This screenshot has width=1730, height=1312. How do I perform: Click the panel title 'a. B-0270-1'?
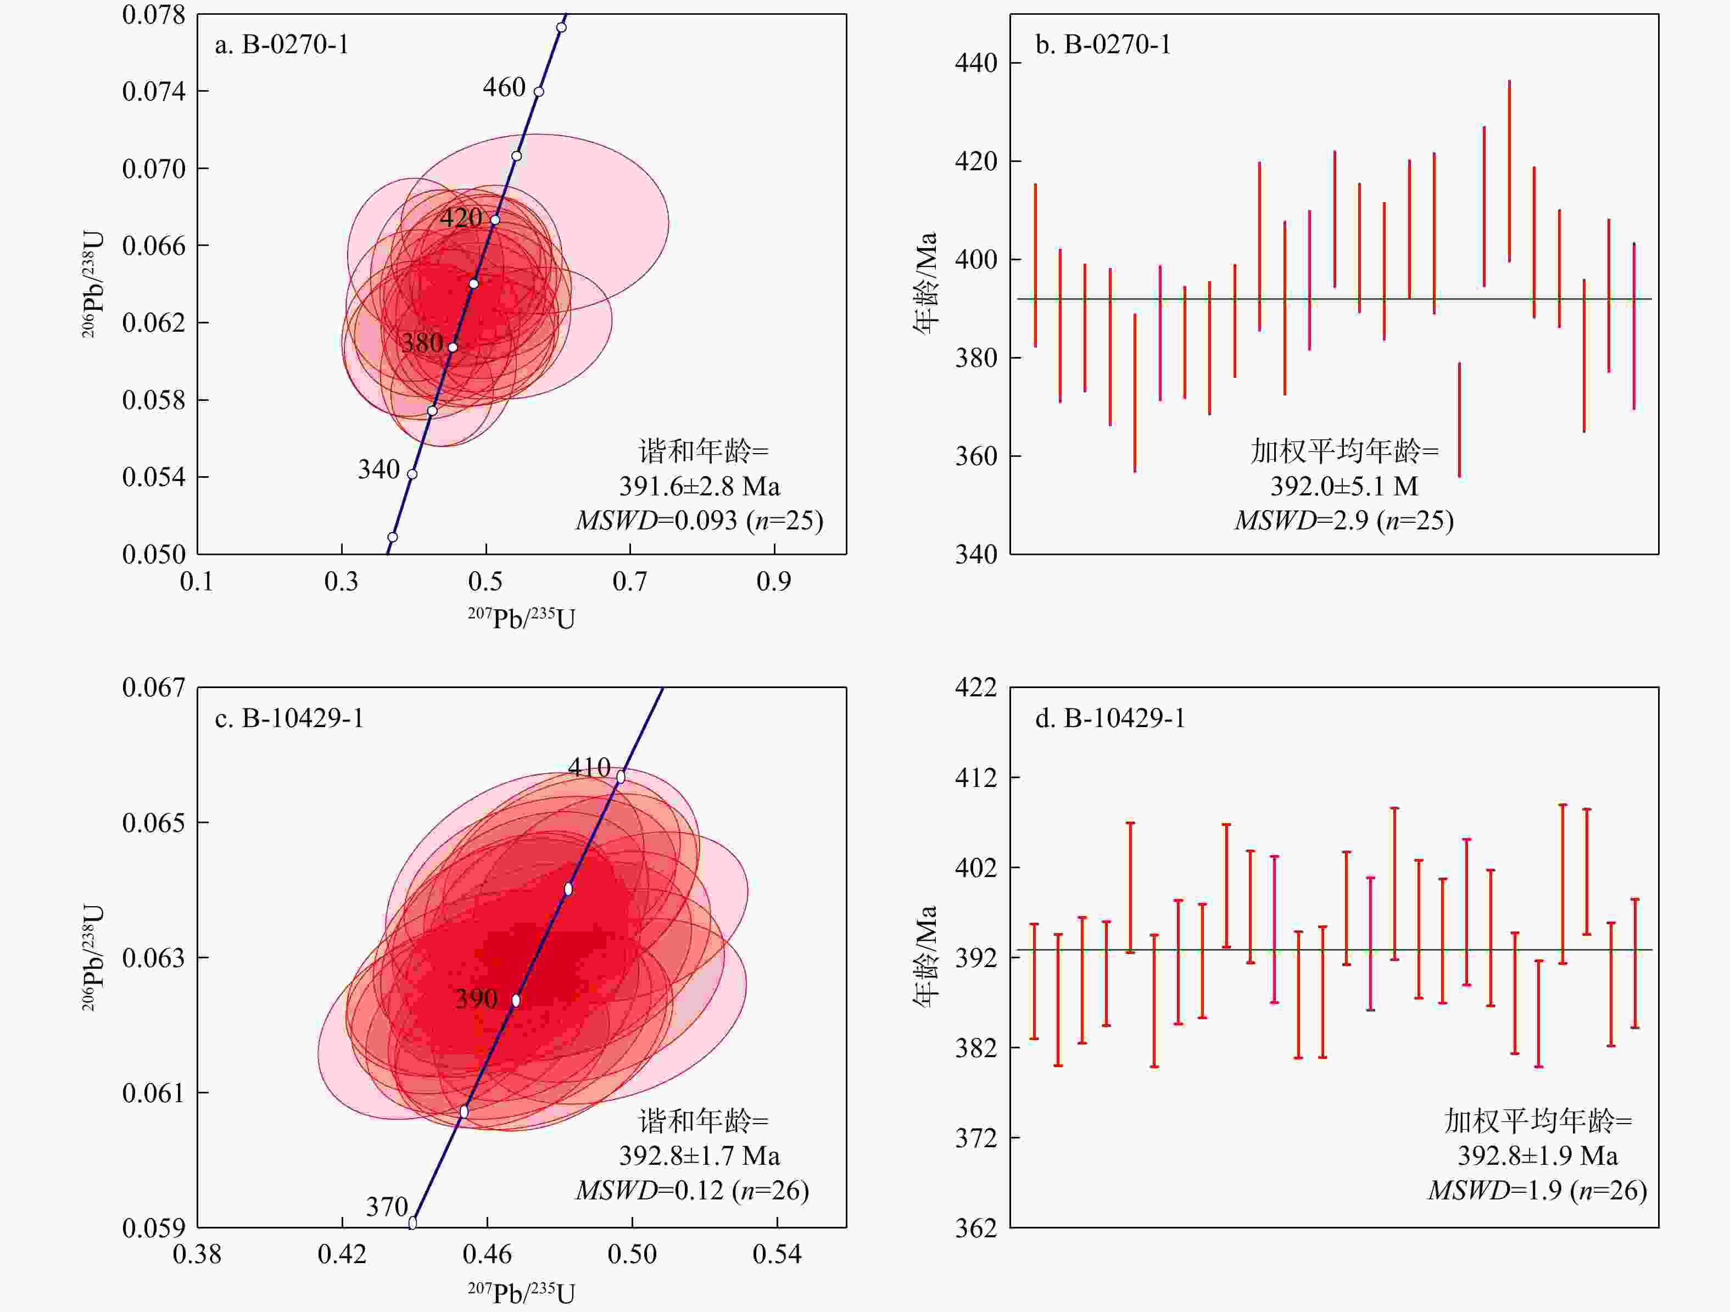pyautogui.click(x=282, y=44)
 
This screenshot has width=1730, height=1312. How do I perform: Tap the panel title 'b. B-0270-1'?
pyautogui.click(x=1103, y=44)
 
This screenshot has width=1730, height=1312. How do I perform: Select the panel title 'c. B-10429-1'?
pyautogui.click(x=289, y=718)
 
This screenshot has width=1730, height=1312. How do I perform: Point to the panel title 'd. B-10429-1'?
pyautogui.click(x=1110, y=718)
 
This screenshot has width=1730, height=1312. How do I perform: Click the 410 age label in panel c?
pyautogui.click(x=589, y=767)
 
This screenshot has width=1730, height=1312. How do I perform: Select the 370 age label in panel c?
pyautogui.click(x=387, y=1207)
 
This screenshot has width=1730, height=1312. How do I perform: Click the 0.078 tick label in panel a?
pyautogui.click(x=154, y=15)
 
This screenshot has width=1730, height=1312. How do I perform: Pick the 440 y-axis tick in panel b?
pyautogui.click(x=976, y=63)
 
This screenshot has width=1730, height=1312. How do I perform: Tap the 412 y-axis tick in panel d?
pyautogui.click(x=976, y=777)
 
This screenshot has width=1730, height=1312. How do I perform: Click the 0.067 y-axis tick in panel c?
pyautogui.click(x=154, y=687)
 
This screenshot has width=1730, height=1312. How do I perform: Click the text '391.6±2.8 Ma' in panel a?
pyautogui.click(x=699, y=487)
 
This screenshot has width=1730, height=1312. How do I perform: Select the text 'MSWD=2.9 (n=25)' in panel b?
pyautogui.click(x=1344, y=520)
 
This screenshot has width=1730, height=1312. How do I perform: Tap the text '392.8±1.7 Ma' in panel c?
pyautogui.click(x=699, y=1155)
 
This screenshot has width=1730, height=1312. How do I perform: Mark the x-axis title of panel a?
pyautogui.click(x=522, y=618)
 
